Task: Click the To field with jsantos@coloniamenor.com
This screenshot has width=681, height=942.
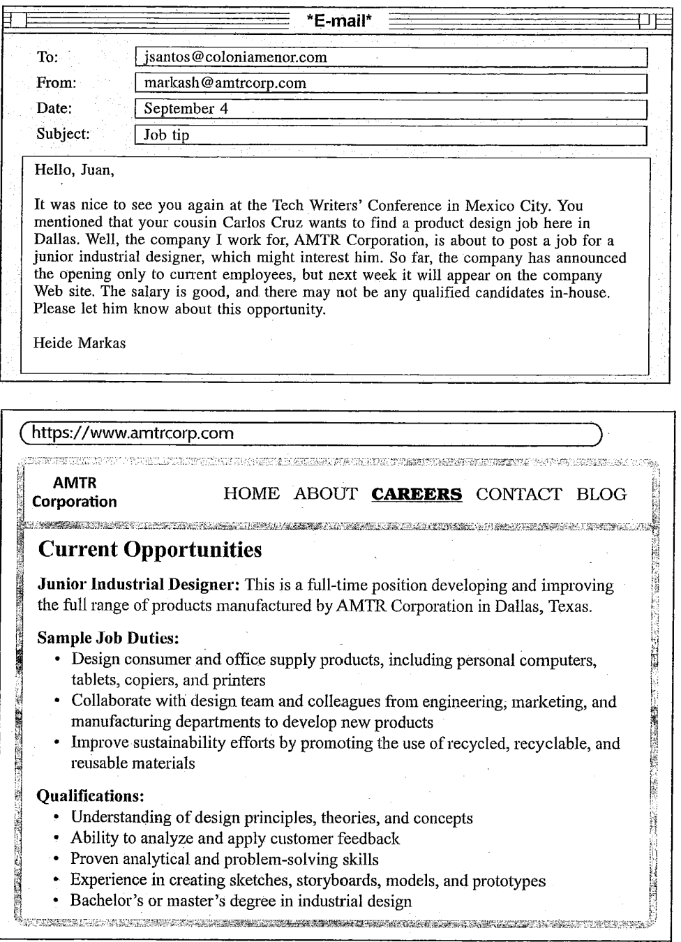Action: tap(391, 57)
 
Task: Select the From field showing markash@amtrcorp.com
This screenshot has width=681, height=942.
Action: tap(391, 84)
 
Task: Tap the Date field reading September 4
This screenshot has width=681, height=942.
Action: tap(391, 109)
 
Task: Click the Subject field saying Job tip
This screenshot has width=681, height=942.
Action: tap(391, 135)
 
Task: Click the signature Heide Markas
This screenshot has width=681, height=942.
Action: tap(80, 343)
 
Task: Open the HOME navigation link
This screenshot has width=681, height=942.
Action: tap(251, 494)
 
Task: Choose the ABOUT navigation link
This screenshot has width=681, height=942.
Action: tap(326, 494)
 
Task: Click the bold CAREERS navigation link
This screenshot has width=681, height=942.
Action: tap(417, 495)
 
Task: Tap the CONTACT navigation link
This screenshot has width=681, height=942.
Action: tap(518, 494)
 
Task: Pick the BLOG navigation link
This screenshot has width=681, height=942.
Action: tap(601, 494)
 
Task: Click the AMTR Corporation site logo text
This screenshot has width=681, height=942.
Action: tap(75, 492)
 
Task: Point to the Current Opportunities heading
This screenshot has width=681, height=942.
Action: tap(150, 550)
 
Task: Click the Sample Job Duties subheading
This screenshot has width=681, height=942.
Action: tap(98, 638)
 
